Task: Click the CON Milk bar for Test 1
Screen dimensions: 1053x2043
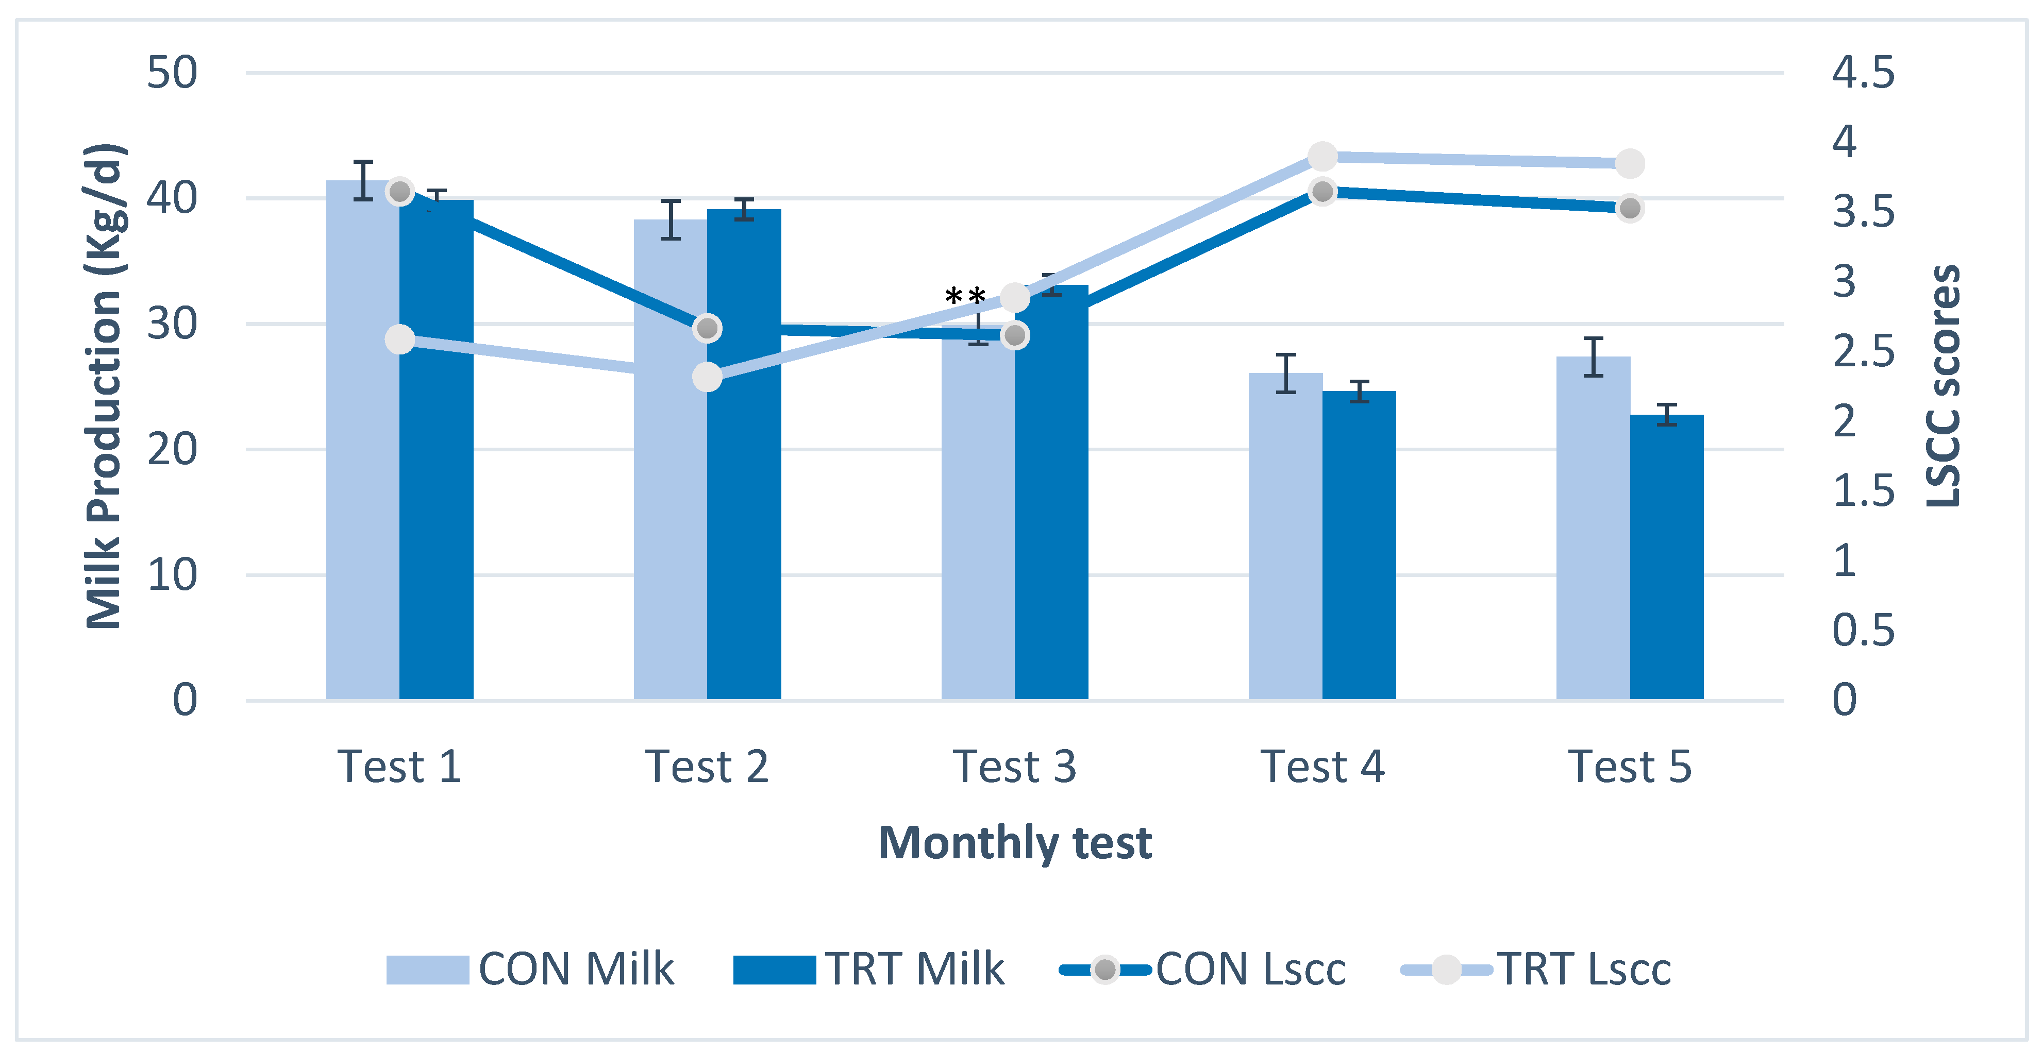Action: [x=362, y=444]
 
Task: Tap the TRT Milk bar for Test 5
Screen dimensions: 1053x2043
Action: [x=1666, y=555]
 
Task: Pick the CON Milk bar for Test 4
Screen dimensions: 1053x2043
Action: [x=1285, y=539]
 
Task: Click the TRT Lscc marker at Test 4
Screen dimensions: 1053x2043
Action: [x=1322, y=156]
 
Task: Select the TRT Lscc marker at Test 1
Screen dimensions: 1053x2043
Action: [x=400, y=339]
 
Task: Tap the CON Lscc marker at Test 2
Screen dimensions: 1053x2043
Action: [x=707, y=328]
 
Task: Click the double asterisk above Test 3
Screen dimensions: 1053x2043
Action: [x=965, y=297]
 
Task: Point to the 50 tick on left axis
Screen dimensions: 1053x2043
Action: [x=172, y=73]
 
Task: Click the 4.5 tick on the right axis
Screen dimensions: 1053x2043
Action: [x=1862, y=73]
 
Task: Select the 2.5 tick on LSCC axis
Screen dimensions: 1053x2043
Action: [x=1862, y=351]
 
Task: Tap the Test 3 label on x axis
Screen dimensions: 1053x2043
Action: [x=1014, y=767]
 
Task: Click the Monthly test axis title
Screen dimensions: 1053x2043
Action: [x=1014, y=842]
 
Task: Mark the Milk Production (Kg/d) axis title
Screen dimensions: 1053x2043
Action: [x=105, y=386]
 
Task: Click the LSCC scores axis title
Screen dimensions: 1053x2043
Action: [x=1943, y=386]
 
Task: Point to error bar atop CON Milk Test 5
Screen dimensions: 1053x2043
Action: [x=1593, y=357]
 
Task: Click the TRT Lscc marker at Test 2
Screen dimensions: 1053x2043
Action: [x=707, y=377]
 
